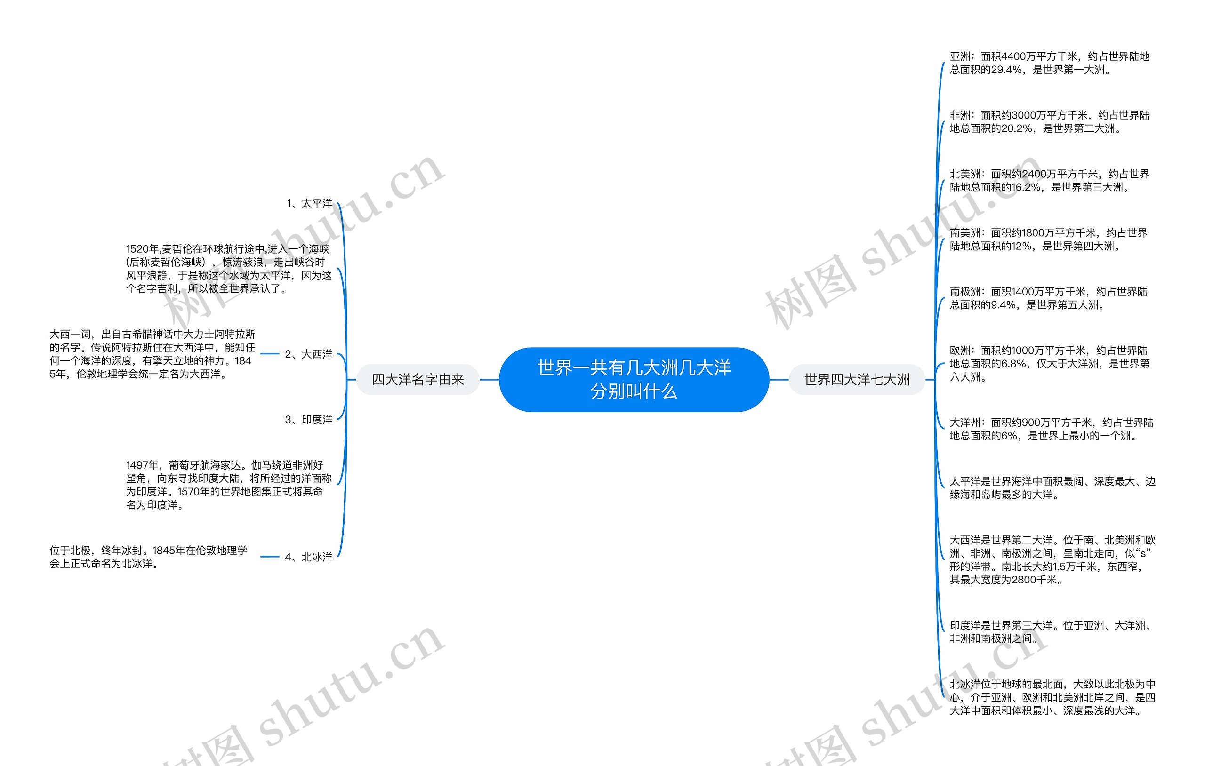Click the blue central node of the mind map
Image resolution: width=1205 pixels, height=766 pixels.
pos(634,379)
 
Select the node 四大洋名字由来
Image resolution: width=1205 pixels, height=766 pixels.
pos(418,380)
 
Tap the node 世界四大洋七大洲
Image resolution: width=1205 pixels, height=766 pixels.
pos(856,380)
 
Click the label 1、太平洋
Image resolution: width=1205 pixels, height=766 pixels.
pos(309,204)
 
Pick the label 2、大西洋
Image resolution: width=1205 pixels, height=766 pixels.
pos(308,354)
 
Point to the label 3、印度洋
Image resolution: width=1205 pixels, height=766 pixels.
pos(308,419)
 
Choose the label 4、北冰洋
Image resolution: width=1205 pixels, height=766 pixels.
pos(308,557)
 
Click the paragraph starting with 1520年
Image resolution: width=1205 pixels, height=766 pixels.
pos(228,269)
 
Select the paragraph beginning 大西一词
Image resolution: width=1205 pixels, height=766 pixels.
pos(152,354)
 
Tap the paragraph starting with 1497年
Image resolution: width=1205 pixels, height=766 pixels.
pos(228,485)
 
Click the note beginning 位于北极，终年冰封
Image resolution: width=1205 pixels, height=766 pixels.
pos(148,557)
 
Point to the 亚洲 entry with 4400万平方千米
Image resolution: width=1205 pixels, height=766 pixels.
pos(1049,63)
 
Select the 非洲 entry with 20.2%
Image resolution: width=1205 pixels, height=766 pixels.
pos(1049,121)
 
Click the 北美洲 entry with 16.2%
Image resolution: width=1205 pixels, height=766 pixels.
pos(1049,181)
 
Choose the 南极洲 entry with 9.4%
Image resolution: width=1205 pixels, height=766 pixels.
pos(1048,298)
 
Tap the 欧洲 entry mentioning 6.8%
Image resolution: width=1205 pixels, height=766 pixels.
pos(1049,364)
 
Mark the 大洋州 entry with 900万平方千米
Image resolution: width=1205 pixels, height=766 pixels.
pos(1051,429)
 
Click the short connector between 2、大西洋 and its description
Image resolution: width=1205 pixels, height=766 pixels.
pos(270,354)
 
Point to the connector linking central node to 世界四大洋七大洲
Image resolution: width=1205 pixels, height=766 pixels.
pos(779,380)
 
